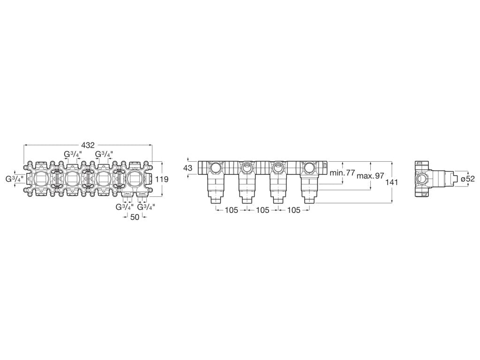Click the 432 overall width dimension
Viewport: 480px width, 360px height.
pyautogui.click(x=89, y=145)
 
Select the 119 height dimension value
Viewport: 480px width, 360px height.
pyautogui.click(x=162, y=179)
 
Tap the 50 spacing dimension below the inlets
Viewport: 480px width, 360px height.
pyautogui.click(x=135, y=217)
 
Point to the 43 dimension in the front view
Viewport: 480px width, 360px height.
pyautogui.click(x=188, y=168)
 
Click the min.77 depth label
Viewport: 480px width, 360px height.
pyautogui.click(x=343, y=173)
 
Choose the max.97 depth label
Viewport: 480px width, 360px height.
pyautogui.click(x=370, y=176)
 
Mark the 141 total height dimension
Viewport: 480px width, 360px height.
pyautogui.click(x=392, y=182)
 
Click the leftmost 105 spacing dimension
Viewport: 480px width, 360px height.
pyautogui.click(x=231, y=210)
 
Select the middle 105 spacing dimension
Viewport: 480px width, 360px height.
pyautogui.click(x=262, y=210)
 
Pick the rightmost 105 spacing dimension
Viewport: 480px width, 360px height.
pyautogui.click(x=293, y=210)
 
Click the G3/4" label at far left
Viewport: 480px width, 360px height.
pyautogui.click(x=15, y=179)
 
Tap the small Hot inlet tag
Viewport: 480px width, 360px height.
pyautogui.click(x=127, y=193)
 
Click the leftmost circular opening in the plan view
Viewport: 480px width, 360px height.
pyautogui.click(x=41, y=179)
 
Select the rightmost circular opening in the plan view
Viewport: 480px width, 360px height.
pyautogui.click(x=135, y=179)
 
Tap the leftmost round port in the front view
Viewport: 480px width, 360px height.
pyautogui.click(x=216, y=167)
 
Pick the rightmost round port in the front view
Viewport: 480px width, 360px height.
pyautogui.click(x=309, y=167)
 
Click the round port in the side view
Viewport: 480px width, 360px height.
pyautogui.click(x=422, y=178)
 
